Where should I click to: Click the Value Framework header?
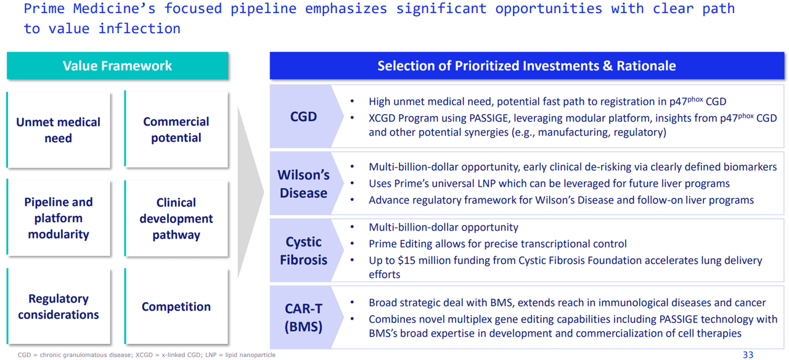[x=117, y=66]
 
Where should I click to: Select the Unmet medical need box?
[x=59, y=130]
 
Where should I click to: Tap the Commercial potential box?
[x=176, y=130]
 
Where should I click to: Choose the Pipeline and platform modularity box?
[x=59, y=218]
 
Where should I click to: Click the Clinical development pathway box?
[x=176, y=219]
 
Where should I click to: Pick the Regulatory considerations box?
[x=59, y=306]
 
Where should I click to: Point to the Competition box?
[x=176, y=306]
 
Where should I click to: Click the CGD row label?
[x=303, y=117]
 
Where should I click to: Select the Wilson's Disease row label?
[x=303, y=184]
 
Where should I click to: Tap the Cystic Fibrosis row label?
[x=303, y=251]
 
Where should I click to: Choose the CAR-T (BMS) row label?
[x=303, y=317]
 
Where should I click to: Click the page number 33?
[x=748, y=354]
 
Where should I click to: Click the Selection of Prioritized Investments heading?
[x=526, y=66]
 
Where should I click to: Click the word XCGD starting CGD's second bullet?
[x=383, y=117]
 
